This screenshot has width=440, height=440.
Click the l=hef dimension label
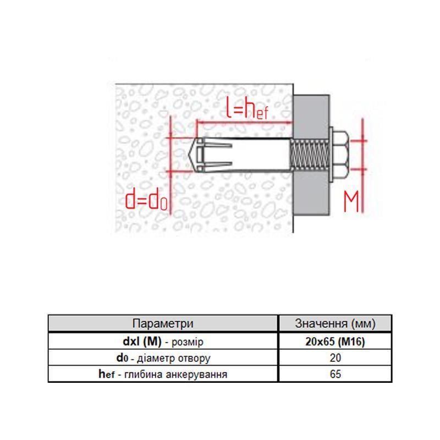point(247,111)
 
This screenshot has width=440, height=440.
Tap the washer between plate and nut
point(332,155)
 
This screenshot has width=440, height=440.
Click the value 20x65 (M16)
point(335,342)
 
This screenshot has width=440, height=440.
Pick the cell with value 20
point(335,358)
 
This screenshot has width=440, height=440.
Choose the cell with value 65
point(335,375)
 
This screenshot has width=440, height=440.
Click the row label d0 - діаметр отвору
point(163,358)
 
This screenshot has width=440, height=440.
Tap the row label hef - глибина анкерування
point(163,375)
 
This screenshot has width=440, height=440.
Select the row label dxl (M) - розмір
point(163,342)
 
